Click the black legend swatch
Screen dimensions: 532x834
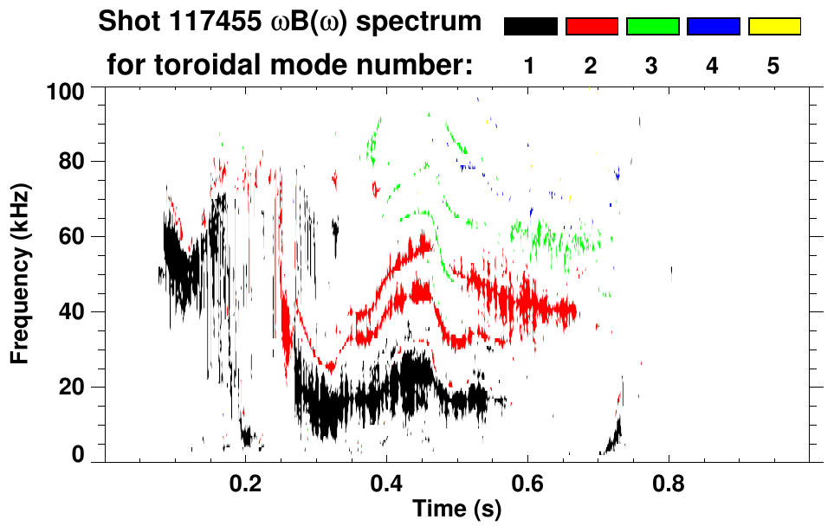pos(530,27)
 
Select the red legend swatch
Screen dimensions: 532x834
pos(592,27)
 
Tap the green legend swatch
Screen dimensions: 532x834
pos(652,27)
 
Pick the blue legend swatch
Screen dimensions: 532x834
pos(713,27)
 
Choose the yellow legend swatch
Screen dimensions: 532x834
pos(773,27)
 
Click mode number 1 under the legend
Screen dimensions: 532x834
pos(529,67)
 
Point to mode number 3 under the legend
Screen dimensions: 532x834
pos(651,67)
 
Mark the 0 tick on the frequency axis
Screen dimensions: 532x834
pos(79,454)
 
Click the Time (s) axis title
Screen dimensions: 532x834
pos(456,510)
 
